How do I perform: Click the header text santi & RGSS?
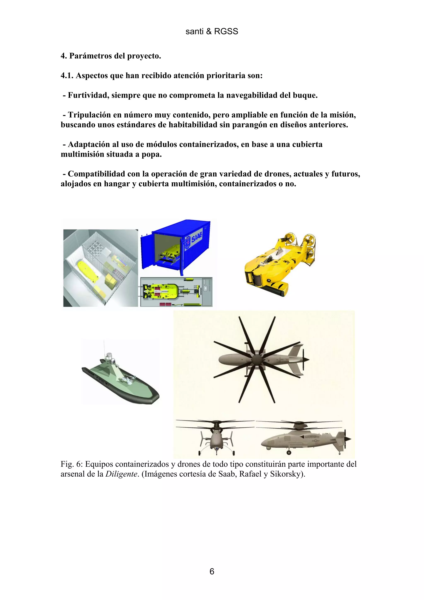[212, 31]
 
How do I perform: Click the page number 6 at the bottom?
[212, 571]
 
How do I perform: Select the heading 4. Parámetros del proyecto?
[111, 56]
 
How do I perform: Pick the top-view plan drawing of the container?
[176, 292]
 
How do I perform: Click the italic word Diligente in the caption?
[121, 474]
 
